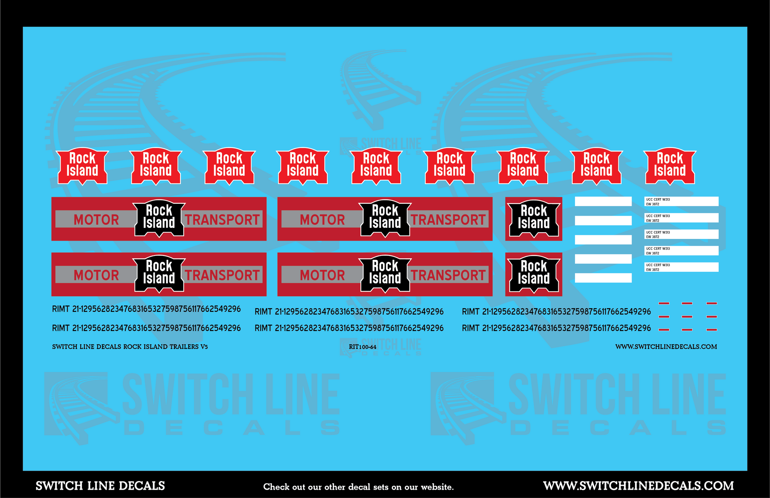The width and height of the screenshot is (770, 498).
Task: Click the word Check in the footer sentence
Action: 277,487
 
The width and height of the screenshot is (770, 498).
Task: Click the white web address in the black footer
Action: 638,486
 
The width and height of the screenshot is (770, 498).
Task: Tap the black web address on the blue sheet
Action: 666,347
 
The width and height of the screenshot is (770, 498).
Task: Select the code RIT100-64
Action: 362,347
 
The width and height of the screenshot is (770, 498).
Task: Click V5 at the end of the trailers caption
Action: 204,347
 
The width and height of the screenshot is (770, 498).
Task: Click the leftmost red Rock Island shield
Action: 82,166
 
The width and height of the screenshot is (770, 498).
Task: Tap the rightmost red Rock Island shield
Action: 670,166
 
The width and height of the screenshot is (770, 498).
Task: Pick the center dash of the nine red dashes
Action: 687,316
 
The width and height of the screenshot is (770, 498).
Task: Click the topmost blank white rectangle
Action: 603,201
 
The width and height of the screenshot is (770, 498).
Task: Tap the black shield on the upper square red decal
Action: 534,219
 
